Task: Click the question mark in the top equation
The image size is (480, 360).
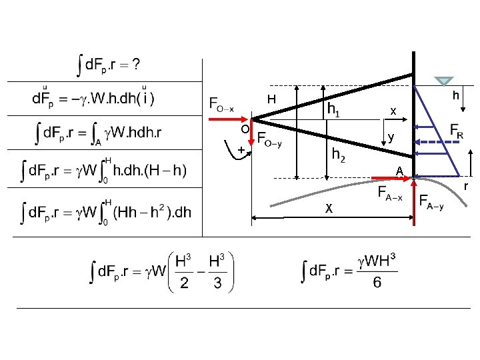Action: click(x=136, y=65)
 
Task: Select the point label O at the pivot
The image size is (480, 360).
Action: click(x=245, y=128)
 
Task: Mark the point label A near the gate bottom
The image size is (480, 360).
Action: click(x=399, y=171)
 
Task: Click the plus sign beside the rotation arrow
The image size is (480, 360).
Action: click(x=240, y=150)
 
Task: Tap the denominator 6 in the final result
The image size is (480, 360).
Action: click(x=377, y=283)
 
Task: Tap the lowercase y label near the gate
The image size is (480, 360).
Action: click(x=391, y=139)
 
